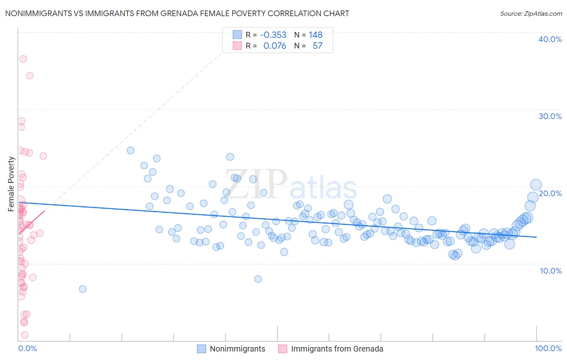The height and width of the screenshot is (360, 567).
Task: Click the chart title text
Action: tap(177, 13)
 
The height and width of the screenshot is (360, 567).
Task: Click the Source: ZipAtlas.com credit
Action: tap(531, 13)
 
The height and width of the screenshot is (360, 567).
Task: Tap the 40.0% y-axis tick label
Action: tap(550, 39)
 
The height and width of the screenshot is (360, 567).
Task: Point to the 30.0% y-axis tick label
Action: tap(550, 116)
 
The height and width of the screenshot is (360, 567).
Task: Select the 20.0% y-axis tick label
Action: tap(550, 193)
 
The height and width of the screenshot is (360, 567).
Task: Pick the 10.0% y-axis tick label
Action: tap(551, 271)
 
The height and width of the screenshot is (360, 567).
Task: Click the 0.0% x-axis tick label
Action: tap(27, 348)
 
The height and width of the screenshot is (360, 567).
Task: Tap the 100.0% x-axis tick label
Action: tap(548, 348)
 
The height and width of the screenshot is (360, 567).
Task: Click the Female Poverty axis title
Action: tap(11, 184)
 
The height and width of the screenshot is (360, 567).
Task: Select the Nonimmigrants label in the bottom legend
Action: tap(238, 349)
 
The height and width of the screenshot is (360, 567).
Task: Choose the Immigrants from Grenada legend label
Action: tap(337, 349)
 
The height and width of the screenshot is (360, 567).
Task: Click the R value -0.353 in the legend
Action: tap(273, 35)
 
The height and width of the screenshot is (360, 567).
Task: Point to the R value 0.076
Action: tap(275, 46)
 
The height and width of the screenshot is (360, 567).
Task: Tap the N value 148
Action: tap(316, 35)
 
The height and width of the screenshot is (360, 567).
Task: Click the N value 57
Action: tap(317, 46)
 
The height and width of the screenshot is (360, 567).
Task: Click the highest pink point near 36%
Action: tap(23, 59)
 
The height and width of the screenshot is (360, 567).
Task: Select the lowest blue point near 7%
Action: tap(83, 289)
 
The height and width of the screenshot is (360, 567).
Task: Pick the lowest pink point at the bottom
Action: tap(25, 335)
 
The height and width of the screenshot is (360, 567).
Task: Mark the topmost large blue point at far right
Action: tap(536, 185)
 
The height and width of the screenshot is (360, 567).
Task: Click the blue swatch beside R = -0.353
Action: tap(237, 35)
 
